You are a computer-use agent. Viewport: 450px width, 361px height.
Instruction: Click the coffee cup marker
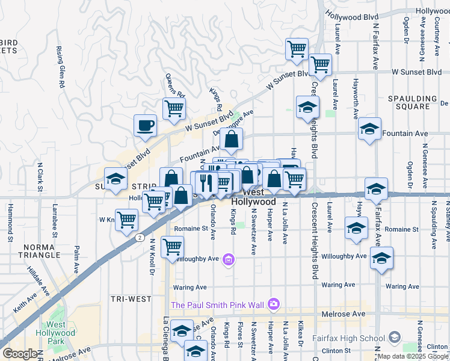(x=145, y=126)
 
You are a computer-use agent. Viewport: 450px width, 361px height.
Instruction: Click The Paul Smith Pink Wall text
(x=218, y=305)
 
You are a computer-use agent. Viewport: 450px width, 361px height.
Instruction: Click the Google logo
(x=19, y=354)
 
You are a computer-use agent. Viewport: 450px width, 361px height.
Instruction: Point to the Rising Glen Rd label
(x=61, y=67)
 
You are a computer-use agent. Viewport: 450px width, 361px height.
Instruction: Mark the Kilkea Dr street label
(x=299, y=338)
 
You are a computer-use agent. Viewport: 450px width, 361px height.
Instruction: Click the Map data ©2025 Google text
(x=413, y=356)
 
